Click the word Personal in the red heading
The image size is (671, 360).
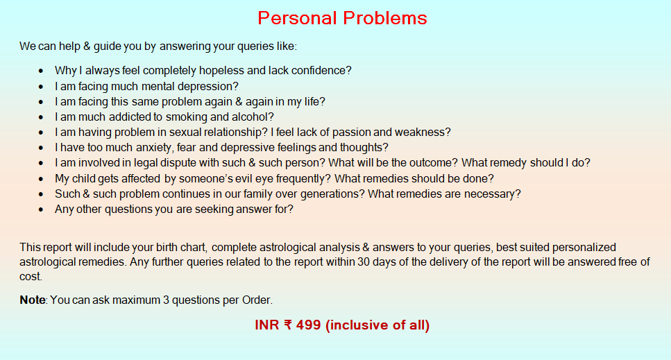[x=296, y=18]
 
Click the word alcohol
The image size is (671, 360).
[x=250, y=117]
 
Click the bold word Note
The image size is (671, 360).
[x=32, y=300]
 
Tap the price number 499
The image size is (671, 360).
[x=307, y=325]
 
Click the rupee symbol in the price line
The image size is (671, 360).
[x=287, y=325]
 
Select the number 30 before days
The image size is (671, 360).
[x=363, y=262]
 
